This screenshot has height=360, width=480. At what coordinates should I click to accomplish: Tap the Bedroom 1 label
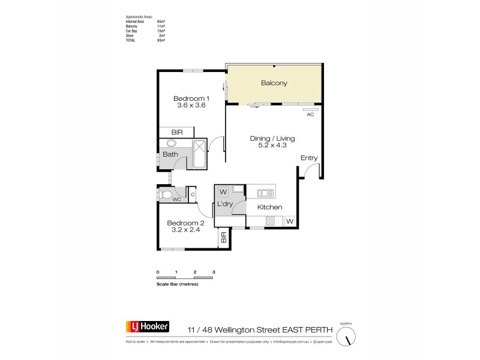[191, 98]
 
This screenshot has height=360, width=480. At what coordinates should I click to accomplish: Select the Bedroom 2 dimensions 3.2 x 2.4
[186, 230]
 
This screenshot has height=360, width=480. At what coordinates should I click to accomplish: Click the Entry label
[309, 158]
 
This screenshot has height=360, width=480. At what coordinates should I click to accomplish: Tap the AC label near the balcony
[310, 115]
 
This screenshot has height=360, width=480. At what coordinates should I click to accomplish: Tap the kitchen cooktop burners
[270, 221]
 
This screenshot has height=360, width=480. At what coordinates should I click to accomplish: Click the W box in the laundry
[223, 192]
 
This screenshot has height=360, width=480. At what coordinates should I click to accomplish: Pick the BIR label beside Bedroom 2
[224, 238]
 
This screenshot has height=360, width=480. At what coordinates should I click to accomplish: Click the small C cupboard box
[193, 193]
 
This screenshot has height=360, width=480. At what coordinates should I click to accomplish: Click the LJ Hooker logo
[147, 327]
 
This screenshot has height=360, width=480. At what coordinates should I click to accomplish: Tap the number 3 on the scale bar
[214, 272]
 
